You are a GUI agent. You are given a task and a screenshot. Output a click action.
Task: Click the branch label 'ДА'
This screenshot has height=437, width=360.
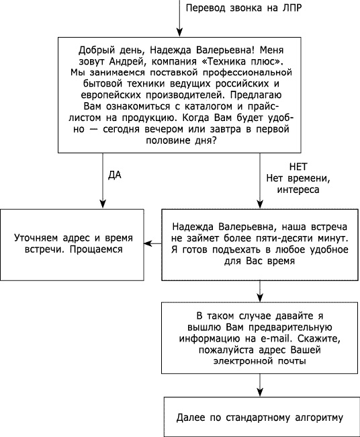pyautogui.click(x=114, y=175)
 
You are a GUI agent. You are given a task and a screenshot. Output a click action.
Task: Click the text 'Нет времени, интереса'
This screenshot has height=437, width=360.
pyautogui.click(x=298, y=184)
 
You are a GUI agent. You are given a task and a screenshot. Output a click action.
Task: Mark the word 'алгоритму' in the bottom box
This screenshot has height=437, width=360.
pyautogui.click(x=318, y=418)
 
